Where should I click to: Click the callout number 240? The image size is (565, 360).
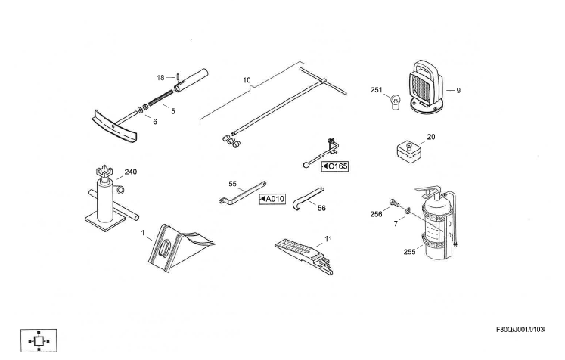click(131, 172)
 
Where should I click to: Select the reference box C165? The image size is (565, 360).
click(335, 166)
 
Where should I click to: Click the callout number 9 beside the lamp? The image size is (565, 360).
click(458, 91)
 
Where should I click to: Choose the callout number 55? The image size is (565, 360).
click(233, 184)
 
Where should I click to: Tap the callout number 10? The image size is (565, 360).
click(247, 79)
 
